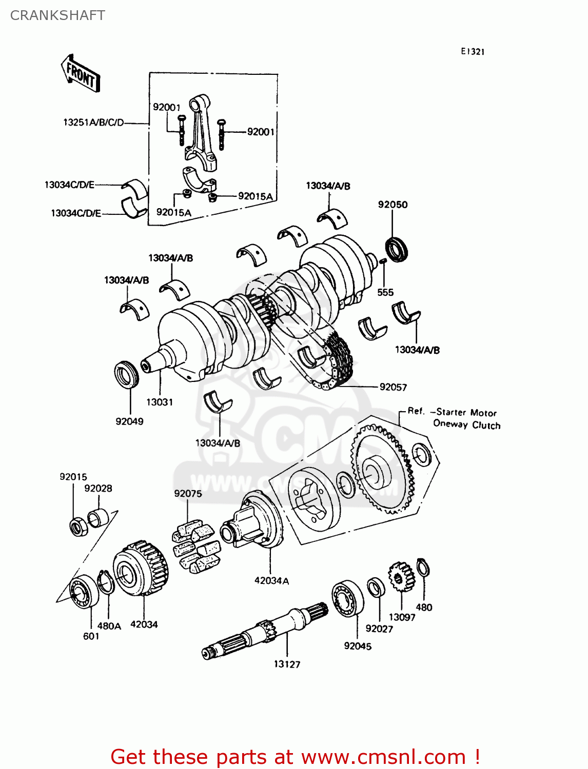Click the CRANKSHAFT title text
[57, 15]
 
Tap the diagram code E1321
[472, 51]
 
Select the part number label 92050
[393, 205]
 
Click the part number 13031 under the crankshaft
[160, 402]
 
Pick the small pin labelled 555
[382, 261]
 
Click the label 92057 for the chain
[393, 387]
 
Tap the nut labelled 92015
[77, 527]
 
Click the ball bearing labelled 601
[83, 592]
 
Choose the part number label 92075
[188, 494]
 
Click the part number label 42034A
[271, 581]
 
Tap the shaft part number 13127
[287, 664]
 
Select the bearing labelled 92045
[347, 599]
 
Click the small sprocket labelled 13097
[401, 577]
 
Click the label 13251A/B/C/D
[93, 123]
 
